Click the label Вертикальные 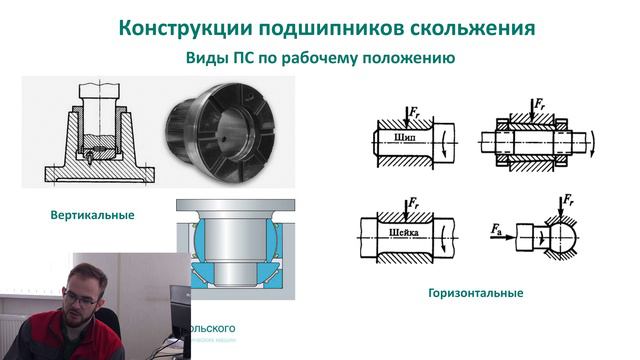pos(92,215)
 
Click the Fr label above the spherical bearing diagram pos(568,202)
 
